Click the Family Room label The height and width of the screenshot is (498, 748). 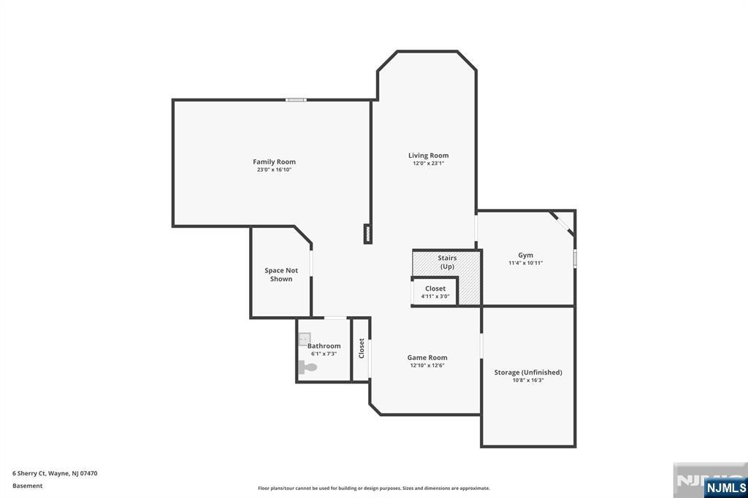tap(274, 161)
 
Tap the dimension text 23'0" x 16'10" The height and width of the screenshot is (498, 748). tap(274, 169)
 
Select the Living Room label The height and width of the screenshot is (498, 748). tap(428, 155)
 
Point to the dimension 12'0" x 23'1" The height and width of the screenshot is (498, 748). tap(428, 164)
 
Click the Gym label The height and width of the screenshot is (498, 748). tap(525, 255)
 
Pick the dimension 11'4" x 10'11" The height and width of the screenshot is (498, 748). tap(525, 263)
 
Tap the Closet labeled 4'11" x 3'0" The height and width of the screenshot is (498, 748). tap(435, 292)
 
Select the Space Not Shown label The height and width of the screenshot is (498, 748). tap(281, 275)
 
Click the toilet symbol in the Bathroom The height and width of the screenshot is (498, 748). tap(307, 367)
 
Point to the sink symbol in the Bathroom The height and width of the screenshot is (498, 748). tap(304, 340)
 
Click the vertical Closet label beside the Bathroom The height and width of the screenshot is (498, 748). tap(361, 348)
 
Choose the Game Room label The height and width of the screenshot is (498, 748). tap(427, 357)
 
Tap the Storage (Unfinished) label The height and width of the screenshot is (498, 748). tap(528, 372)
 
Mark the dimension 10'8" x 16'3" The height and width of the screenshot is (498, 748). tap(528, 380)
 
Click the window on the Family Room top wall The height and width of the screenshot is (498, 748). tap(296, 100)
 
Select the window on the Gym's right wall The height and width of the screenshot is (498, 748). tap(575, 258)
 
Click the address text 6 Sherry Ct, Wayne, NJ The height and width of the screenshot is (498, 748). tap(55, 473)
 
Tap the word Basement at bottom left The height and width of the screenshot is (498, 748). tap(28, 486)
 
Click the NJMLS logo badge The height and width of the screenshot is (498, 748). tap(725, 487)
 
